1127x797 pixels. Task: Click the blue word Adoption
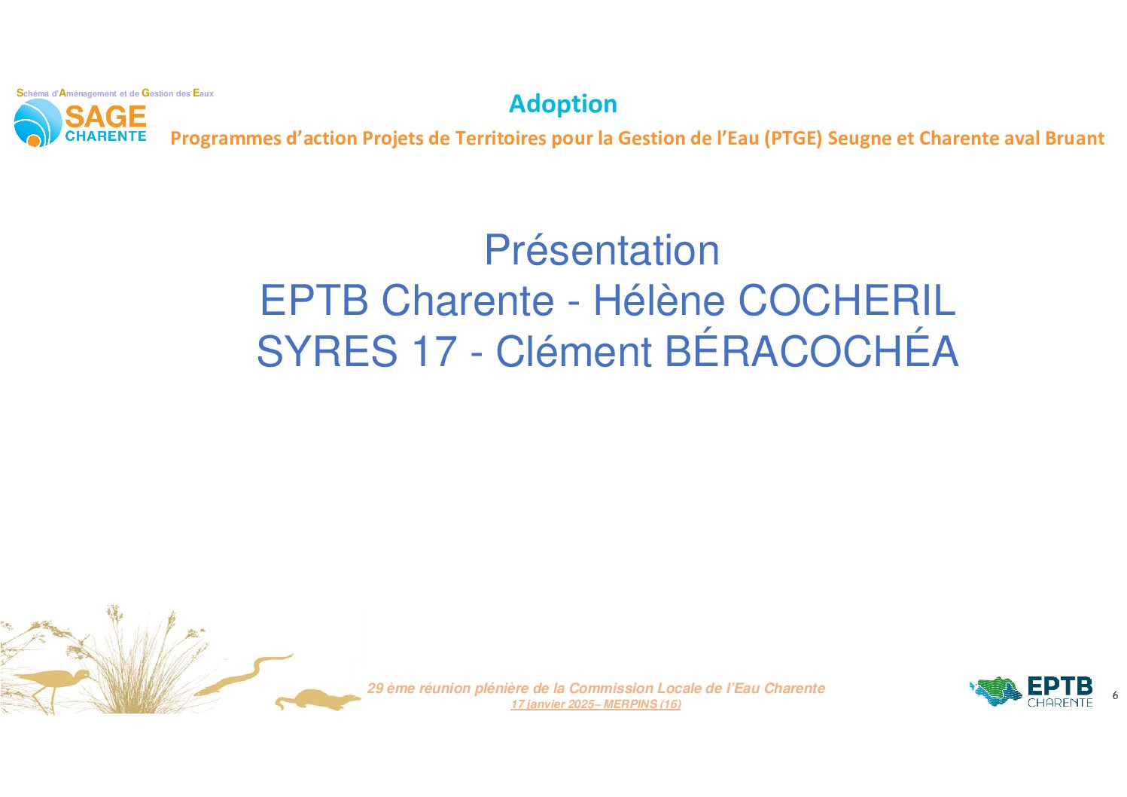[563, 105]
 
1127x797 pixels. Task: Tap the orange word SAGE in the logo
[105, 117]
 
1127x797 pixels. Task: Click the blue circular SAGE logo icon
[37, 123]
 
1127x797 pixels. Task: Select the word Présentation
[602, 250]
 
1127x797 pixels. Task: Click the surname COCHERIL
[847, 301]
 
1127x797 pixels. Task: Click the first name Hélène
[659, 300]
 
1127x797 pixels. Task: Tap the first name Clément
[574, 351]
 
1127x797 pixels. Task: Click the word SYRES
[327, 352]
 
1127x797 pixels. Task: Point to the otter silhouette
[318, 699]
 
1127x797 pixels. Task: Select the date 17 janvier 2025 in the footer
[553, 704]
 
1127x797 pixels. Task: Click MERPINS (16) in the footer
[642, 704]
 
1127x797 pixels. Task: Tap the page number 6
[1115, 695]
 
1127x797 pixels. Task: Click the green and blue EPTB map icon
[996, 692]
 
